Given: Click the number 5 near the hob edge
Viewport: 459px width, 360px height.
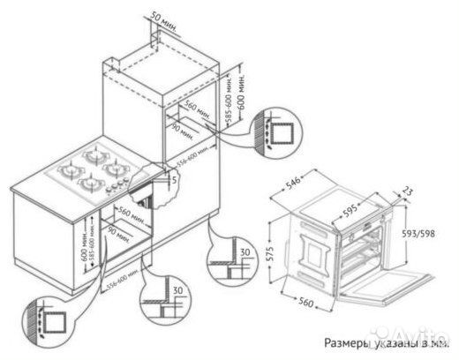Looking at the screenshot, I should point(176,179).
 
